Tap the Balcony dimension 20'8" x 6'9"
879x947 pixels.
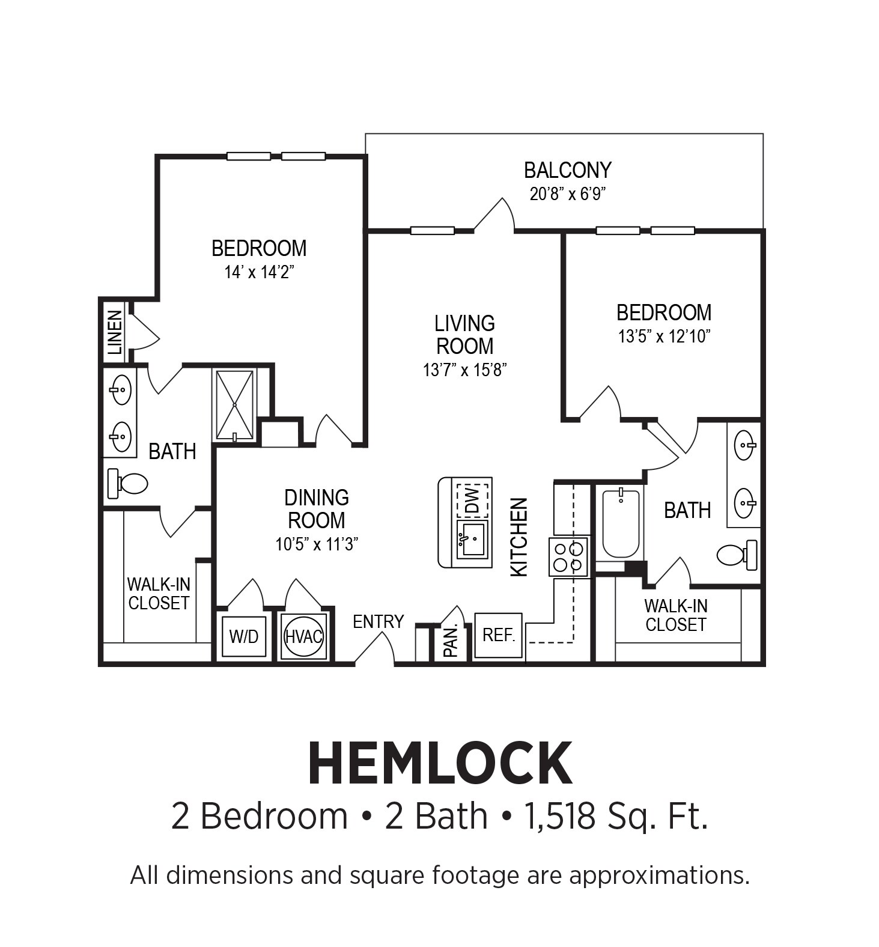pyautogui.click(x=567, y=194)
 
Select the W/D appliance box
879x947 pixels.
pyautogui.click(x=243, y=636)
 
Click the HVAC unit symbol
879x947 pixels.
pyautogui.click(x=304, y=636)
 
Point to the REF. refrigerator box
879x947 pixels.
pyautogui.click(x=499, y=635)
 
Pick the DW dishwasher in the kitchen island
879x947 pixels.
pyautogui.click(x=472, y=500)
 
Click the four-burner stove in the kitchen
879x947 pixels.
pyautogui.click(x=568, y=557)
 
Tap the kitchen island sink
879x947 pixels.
pyautogui.click(x=472, y=539)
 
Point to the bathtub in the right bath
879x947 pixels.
pyautogui.click(x=620, y=523)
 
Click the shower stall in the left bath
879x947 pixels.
pyautogui.click(x=235, y=405)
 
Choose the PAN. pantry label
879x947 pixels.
pyautogui.click(x=451, y=640)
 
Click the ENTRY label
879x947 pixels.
pyautogui.click(x=378, y=621)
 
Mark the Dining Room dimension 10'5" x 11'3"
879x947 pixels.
pyautogui.click(x=317, y=544)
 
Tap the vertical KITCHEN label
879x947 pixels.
pyautogui.click(x=519, y=537)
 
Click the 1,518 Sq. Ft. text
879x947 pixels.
pyautogui.click(x=616, y=817)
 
